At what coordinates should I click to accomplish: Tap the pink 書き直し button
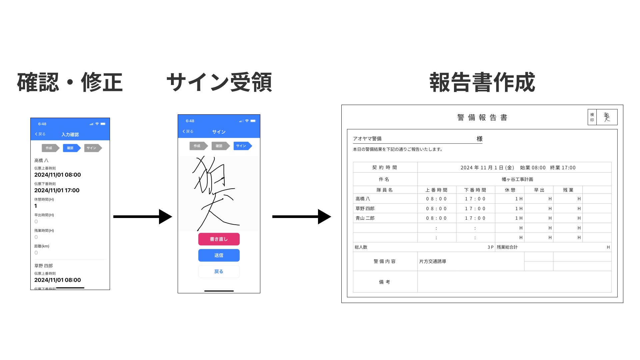point(219,239)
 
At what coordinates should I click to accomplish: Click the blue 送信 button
point(219,255)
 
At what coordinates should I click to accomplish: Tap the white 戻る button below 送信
point(219,271)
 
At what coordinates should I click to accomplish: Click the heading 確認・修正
point(70,82)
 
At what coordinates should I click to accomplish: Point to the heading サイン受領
point(219,82)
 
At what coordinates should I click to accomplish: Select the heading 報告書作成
point(482,82)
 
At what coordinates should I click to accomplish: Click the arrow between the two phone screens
point(143,217)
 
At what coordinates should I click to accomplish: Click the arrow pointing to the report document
point(301,217)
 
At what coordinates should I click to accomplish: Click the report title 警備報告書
point(482,117)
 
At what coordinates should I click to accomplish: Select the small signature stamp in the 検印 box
point(607,117)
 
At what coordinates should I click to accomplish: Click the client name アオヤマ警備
point(367,139)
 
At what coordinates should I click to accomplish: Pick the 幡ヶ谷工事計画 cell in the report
point(517,179)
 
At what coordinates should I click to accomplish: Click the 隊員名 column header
point(385,190)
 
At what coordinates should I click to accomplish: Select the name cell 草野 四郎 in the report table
point(365,209)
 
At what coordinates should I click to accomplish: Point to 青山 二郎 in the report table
point(365,218)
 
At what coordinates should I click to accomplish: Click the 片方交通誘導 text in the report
point(433,261)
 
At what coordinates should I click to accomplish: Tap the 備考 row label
point(385,282)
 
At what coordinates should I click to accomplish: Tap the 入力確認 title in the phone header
point(70,135)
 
